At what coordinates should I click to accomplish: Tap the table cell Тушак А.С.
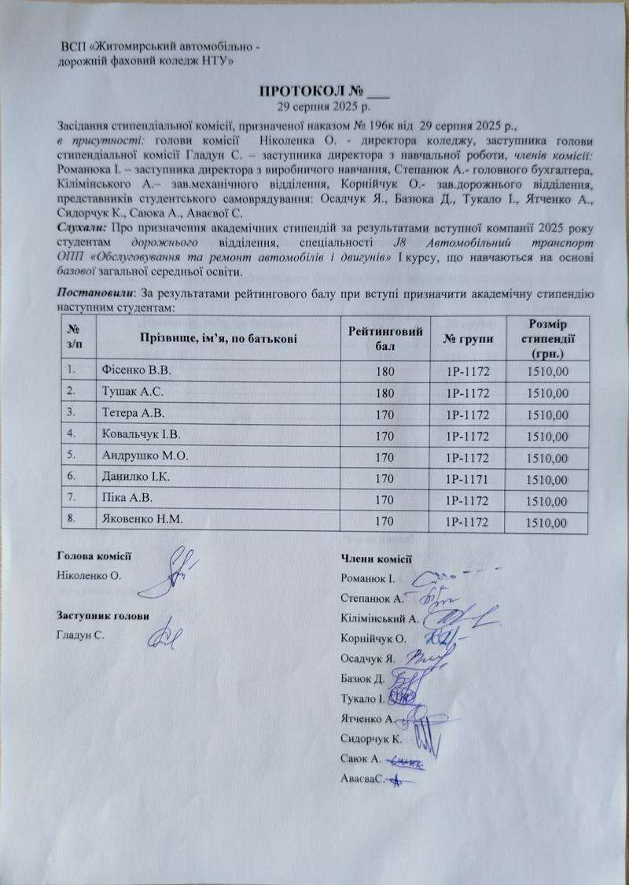(x=127, y=390)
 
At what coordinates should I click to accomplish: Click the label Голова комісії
(x=94, y=556)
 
